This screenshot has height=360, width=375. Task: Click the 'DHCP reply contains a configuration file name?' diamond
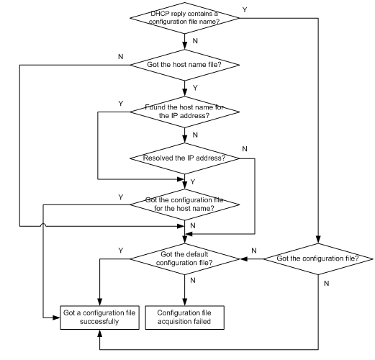184,18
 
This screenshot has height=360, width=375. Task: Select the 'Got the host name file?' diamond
184,65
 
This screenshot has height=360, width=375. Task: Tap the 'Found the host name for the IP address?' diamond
184,112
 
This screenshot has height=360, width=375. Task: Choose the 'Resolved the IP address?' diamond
184,158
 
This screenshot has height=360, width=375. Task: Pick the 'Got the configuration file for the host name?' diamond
184,204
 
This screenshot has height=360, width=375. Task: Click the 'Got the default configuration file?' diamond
184,259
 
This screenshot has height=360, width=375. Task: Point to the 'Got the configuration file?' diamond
318,259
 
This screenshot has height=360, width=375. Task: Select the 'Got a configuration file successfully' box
99,318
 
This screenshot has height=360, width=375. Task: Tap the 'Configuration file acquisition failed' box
184,318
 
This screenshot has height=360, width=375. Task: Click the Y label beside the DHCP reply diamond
245,10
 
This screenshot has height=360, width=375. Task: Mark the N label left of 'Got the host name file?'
121,57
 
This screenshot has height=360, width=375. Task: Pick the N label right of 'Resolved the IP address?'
245,149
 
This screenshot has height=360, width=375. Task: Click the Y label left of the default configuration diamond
121,251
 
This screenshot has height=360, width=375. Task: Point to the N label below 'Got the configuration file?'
326,284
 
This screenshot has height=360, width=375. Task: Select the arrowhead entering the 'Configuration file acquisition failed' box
184,302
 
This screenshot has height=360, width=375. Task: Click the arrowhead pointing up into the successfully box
99,333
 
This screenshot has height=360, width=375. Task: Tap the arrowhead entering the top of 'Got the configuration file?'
318,240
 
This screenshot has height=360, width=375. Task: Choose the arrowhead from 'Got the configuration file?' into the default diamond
243,259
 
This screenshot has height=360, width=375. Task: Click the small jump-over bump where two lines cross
43,225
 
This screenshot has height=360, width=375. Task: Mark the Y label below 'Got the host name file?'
195,88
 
